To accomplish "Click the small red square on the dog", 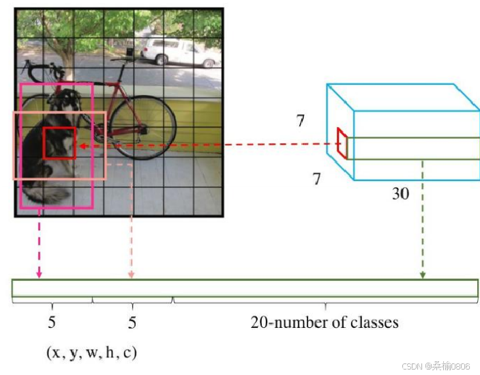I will (x=59, y=143).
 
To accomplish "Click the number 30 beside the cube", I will (x=400, y=194).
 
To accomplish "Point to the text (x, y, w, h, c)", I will (x=91, y=353).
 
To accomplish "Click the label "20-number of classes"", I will (x=325, y=322).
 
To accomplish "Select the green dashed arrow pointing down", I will (x=423, y=219).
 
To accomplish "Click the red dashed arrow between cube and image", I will (x=205, y=145).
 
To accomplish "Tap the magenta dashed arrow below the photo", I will (x=40, y=246).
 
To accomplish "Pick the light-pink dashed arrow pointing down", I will (x=131, y=225).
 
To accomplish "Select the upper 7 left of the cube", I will (x=301, y=121).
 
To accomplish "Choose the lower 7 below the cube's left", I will (x=316, y=180).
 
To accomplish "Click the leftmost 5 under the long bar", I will (x=52, y=322).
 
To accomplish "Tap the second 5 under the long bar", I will (x=132, y=322).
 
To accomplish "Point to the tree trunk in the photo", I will (x=69, y=51).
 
